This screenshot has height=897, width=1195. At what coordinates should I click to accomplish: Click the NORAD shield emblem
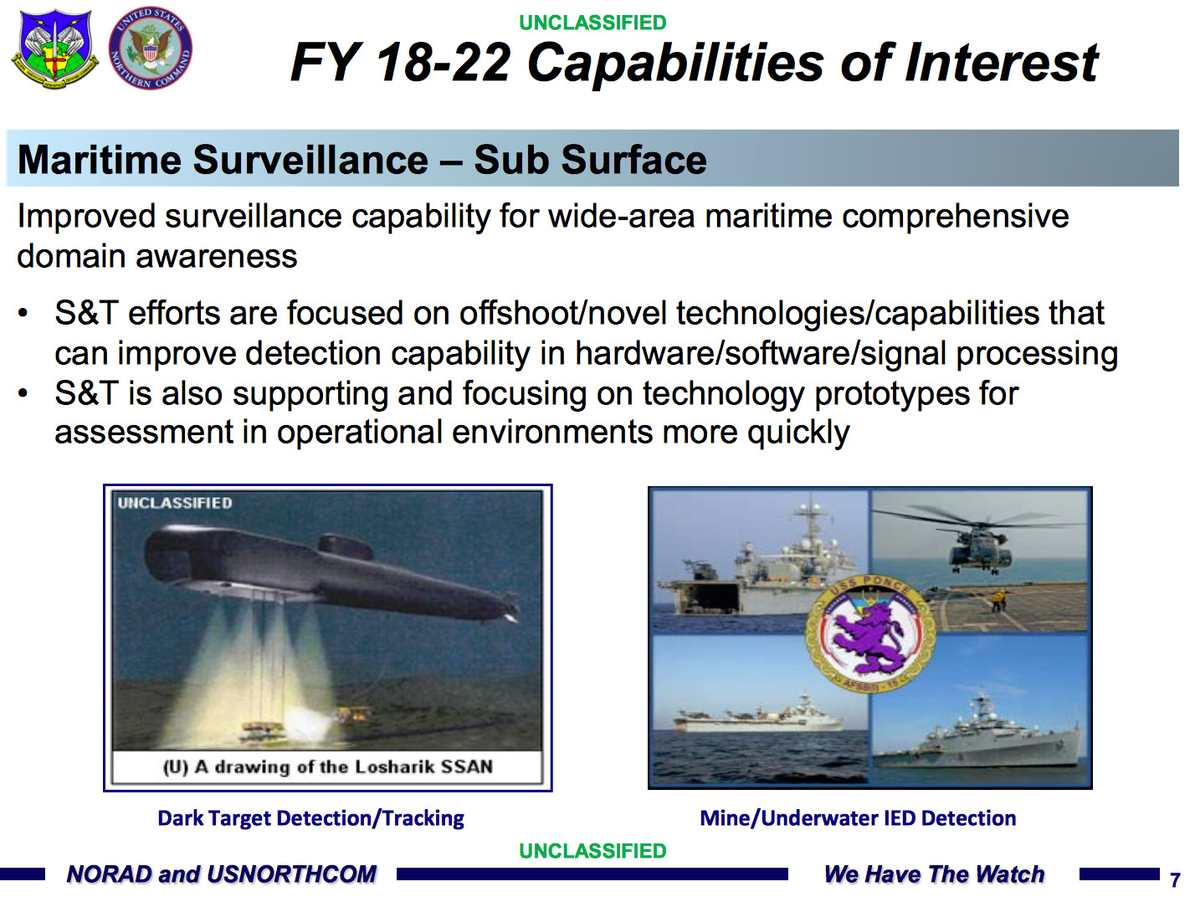tap(54, 49)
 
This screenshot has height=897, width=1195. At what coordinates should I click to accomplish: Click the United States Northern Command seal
tap(151, 49)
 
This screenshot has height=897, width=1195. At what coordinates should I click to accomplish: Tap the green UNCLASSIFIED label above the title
tap(592, 23)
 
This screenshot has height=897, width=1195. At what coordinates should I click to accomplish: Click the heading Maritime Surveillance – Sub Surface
tap(362, 160)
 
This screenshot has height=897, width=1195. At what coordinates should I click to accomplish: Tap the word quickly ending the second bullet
tap(798, 433)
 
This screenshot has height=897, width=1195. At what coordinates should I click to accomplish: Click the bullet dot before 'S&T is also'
tap(23, 393)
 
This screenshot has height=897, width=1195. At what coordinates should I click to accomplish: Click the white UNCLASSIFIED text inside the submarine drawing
tap(175, 503)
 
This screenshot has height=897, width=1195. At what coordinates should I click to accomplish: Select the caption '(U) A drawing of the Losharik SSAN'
tap(328, 767)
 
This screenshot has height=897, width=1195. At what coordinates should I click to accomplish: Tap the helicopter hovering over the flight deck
tap(978, 541)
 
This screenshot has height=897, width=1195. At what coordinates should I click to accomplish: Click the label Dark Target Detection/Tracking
tap(310, 818)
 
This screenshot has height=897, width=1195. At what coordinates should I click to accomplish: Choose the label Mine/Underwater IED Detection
tap(858, 818)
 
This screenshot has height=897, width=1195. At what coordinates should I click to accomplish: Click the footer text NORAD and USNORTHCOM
tap(221, 874)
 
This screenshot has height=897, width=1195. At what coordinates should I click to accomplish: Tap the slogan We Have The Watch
tap(934, 874)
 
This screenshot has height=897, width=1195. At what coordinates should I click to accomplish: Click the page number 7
tap(1175, 879)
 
